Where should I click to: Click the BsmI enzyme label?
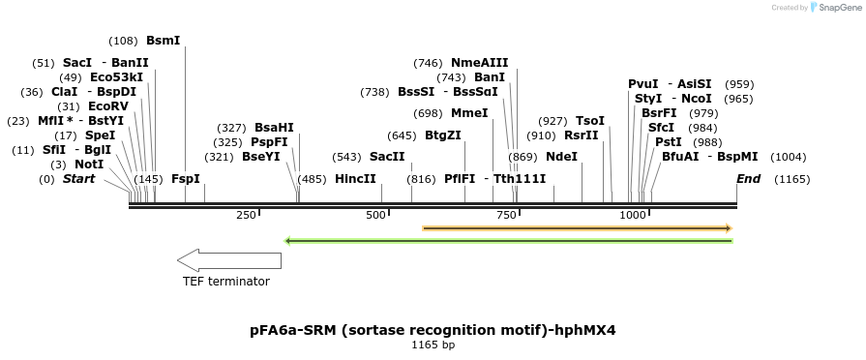point(163,41)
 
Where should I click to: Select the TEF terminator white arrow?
point(228,259)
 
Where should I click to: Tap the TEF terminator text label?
point(226,282)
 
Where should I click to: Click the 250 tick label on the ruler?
point(245,214)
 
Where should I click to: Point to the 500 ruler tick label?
point(375,214)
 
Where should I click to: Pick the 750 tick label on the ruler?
point(505,214)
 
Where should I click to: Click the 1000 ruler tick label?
point(633,214)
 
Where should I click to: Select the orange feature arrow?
point(577,228)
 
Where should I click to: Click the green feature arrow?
point(508,240)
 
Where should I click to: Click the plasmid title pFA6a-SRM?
point(432,330)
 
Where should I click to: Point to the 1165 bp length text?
point(432,345)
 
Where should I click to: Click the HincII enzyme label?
point(355,179)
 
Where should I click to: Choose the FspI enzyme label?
point(185,179)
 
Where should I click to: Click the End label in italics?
point(748,179)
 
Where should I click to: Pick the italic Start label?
point(78,179)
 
